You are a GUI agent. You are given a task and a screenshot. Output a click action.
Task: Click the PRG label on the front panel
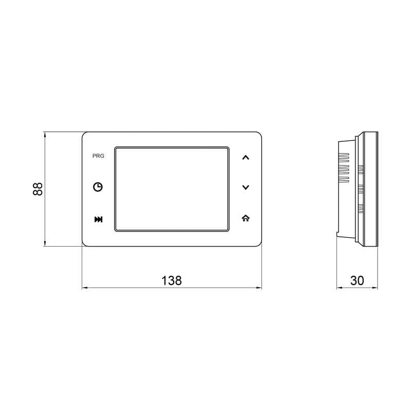[x=98, y=156]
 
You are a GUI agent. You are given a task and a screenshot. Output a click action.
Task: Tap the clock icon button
[x=98, y=187]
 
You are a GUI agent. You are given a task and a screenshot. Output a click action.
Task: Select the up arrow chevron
[x=246, y=157]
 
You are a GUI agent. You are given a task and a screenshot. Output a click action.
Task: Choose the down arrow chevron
[x=246, y=187]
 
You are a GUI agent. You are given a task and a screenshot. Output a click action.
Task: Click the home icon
[x=246, y=218]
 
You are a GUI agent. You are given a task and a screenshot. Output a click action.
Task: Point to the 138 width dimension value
[x=172, y=281]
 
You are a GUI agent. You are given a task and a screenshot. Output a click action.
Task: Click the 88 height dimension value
[x=38, y=189]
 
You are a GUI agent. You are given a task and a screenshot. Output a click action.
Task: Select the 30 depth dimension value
[x=357, y=281]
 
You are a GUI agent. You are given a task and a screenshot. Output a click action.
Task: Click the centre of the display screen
[x=172, y=189]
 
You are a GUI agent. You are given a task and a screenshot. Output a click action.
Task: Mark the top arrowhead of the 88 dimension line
[x=45, y=134]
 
